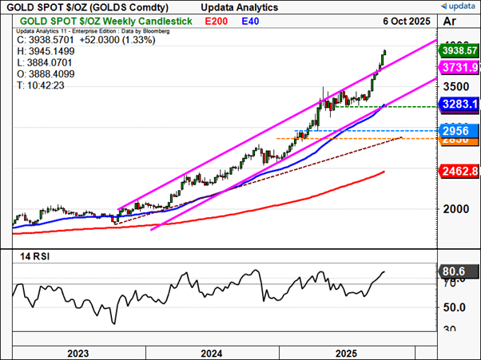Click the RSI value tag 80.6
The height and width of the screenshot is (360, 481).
tap(453, 272)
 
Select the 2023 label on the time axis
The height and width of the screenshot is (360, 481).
tap(78, 352)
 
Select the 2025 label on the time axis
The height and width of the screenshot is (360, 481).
tap(345, 352)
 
